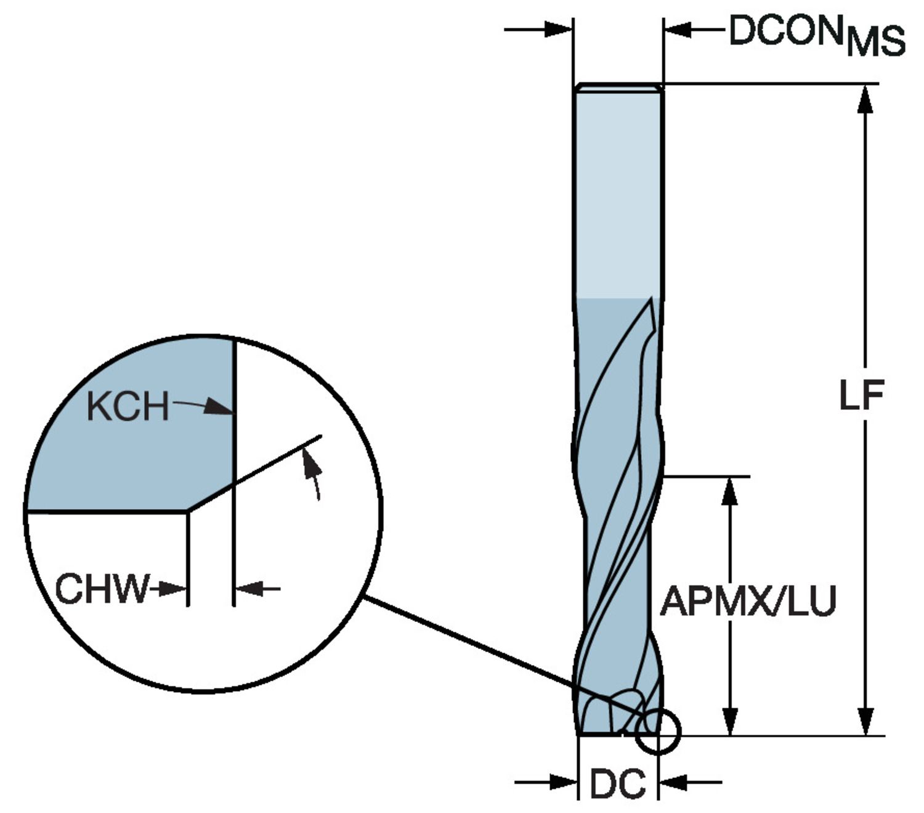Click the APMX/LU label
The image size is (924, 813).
748,602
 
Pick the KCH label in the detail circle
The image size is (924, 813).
128,407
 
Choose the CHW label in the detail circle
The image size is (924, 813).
102,589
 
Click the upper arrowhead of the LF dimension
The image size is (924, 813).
865,99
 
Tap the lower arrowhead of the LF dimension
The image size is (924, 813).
865,721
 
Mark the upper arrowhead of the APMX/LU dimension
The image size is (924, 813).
729,491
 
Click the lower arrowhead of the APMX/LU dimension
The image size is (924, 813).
729,721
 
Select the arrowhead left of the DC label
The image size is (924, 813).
563,783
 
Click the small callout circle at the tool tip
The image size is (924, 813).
658,731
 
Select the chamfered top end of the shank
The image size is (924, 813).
618,88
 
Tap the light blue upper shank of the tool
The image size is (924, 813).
618,191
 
